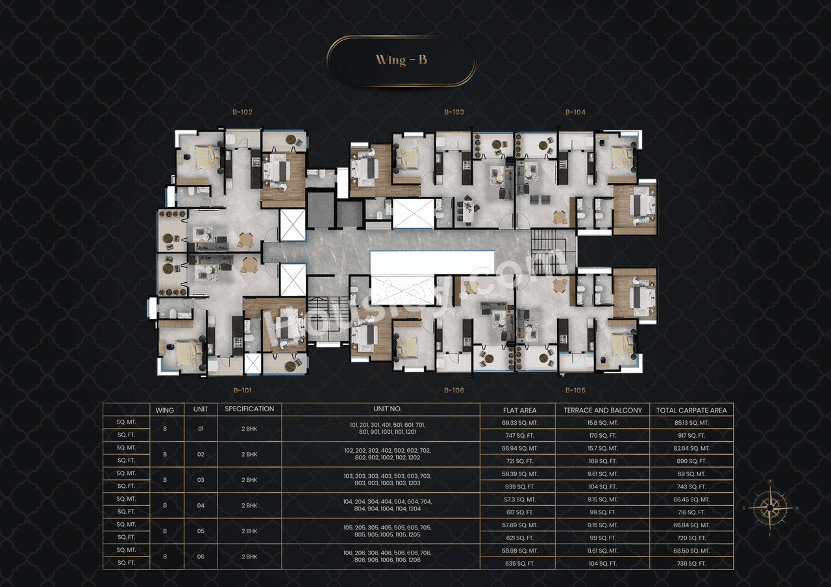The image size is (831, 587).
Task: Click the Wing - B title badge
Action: [x=401, y=61]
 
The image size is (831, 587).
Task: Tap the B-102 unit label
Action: [x=242, y=112]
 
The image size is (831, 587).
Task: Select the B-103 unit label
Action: [x=454, y=112]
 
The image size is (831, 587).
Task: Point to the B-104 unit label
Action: [x=575, y=112]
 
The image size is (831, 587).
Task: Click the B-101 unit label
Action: [x=242, y=390]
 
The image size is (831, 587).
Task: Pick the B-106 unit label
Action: [x=454, y=390]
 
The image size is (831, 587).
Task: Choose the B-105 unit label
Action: [x=575, y=390]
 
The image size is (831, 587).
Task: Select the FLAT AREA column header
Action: [x=519, y=410]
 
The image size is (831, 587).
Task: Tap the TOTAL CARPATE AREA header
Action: [x=691, y=410]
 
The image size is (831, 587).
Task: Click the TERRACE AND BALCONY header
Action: [x=602, y=410]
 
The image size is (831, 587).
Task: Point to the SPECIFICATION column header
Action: [x=249, y=409]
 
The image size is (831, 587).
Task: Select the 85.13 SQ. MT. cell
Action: [x=691, y=423]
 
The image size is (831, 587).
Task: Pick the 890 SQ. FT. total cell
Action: [x=691, y=461]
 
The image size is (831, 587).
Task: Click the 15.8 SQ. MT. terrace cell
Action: [x=602, y=423]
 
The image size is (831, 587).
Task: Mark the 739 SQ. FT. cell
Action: [x=691, y=564]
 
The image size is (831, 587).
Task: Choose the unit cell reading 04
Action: [x=201, y=506]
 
